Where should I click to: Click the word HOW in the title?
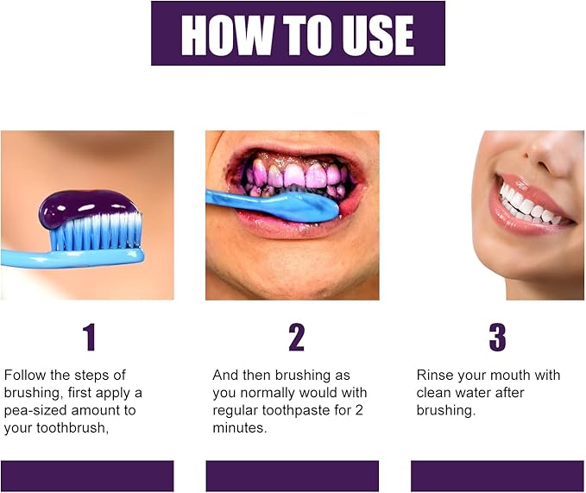click(x=218, y=35)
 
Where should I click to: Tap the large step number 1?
click(x=89, y=337)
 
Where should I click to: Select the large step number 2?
click(x=296, y=337)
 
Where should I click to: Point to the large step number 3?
click(x=497, y=337)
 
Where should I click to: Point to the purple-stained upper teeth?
click(x=293, y=174)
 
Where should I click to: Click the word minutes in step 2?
click(x=239, y=427)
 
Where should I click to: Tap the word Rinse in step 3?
click(x=434, y=376)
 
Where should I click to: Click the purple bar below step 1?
click(x=86, y=476)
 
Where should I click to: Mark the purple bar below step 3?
click(x=497, y=476)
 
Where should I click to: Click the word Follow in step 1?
click(x=24, y=376)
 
